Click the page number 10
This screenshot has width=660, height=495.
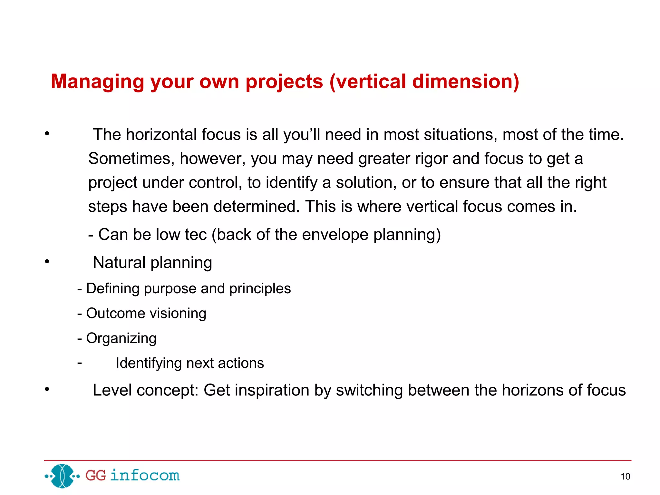(625, 476)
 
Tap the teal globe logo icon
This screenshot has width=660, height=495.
(63, 476)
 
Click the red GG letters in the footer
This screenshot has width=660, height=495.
(95, 476)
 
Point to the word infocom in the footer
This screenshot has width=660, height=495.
(145, 475)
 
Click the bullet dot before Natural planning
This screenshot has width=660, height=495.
(47, 261)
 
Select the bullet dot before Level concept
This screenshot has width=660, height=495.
(47, 389)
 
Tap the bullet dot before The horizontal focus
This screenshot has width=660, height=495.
(47, 133)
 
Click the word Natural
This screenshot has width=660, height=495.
(119, 263)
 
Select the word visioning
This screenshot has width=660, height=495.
(178, 314)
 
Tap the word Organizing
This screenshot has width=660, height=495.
(121, 339)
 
